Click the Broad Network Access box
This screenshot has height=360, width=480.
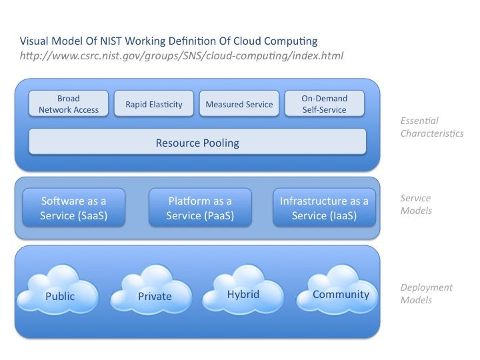point(69,103)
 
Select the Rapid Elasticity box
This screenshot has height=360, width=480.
point(154,103)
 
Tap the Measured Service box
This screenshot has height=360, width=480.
point(239,103)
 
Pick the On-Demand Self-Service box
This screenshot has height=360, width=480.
point(325,103)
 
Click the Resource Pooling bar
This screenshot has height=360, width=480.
point(197,142)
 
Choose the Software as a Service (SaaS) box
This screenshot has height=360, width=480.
point(74,207)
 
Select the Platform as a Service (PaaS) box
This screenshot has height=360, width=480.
point(200,207)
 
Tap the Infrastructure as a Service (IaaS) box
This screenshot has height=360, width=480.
point(324,207)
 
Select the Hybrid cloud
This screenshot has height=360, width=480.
point(243,289)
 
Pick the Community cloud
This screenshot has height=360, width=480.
point(337,289)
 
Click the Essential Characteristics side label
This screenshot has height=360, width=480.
point(432,127)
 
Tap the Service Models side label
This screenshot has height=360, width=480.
point(416,204)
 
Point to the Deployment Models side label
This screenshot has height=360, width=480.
point(427,293)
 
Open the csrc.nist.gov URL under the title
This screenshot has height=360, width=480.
point(181,56)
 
